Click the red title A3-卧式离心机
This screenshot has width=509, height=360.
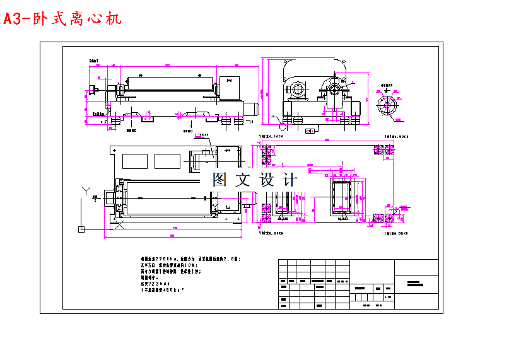pyautogui.click(x=62, y=19)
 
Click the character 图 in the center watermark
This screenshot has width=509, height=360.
pyautogui.click(x=220, y=179)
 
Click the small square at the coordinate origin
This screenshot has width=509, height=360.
pyautogui.click(x=80, y=229)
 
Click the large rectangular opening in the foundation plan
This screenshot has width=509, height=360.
pyautogui.click(x=342, y=197)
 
